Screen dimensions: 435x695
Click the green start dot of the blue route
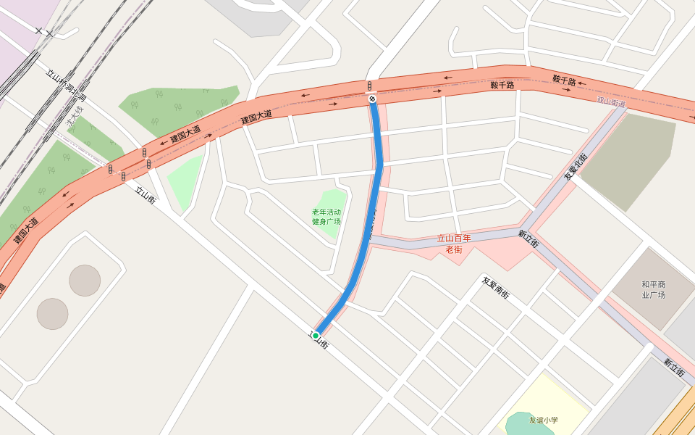pos(316,335)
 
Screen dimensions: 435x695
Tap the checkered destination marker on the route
pos(372,99)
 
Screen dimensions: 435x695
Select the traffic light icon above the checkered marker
pos(369,86)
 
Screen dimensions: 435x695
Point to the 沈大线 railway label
pos(75,118)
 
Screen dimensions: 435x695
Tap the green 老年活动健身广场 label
pos(326,217)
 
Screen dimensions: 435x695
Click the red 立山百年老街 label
pos(454,244)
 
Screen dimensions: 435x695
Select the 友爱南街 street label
pos(496,288)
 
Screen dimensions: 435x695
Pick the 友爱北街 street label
pos(576,166)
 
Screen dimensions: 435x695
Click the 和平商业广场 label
pos(653,289)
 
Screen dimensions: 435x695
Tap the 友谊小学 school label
pos(543,420)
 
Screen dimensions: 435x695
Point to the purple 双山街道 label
pos(611,102)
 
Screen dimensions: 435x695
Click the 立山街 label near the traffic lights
pos(146,195)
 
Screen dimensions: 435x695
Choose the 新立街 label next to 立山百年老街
pos(528,239)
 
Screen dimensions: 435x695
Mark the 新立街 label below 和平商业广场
pos(673,367)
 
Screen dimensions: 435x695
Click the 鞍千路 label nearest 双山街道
pos(564,80)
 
